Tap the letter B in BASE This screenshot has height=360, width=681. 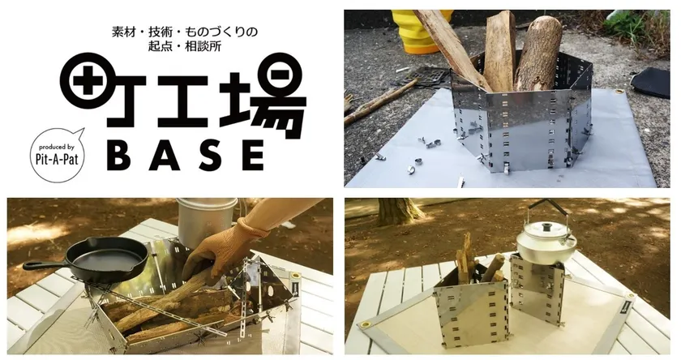(x=118, y=155)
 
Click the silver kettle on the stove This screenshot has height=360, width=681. (x=546, y=239)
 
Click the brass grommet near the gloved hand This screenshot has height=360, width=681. (x=296, y=276)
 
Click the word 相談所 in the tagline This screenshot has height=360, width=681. (x=204, y=46)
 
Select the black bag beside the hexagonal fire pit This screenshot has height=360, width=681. (x=652, y=82)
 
